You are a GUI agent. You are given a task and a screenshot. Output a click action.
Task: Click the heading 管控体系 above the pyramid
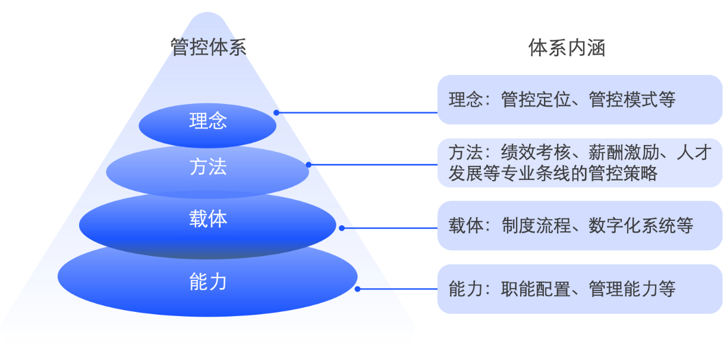[208, 48]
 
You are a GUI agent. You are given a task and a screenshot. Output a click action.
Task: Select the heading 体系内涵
[567, 48]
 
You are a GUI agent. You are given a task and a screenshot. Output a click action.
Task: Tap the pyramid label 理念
[208, 121]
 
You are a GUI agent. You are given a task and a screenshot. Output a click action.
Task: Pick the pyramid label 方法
[208, 167]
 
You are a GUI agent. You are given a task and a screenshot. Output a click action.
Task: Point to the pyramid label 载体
[208, 219]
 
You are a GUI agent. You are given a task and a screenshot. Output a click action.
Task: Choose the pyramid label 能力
[208, 282]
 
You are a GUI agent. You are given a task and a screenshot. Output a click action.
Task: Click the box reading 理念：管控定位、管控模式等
[580, 100]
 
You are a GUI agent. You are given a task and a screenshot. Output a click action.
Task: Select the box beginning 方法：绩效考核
[580, 163]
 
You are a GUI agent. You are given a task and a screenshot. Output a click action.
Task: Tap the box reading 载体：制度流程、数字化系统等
[580, 226]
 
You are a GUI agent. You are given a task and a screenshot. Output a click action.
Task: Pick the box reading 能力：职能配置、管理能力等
[580, 289]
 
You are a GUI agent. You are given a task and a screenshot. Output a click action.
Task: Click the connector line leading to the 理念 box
[360, 112]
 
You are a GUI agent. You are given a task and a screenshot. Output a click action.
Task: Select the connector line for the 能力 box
[415, 289]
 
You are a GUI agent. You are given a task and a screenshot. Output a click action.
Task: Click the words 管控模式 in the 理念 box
[624, 100]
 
